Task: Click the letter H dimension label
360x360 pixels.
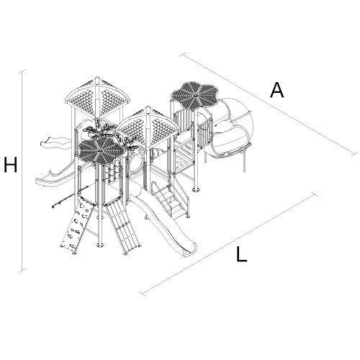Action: click(x=11, y=165)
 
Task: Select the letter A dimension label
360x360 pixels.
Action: click(x=277, y=90)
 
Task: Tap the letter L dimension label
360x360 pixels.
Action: click(x=241, y=254)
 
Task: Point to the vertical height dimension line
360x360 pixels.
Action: click(x=22, y=171)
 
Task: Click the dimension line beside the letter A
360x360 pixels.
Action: click(x=269, y=104)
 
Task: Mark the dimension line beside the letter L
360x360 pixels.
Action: click(x=229, y=244)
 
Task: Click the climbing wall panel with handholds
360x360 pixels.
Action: click(x=77, y=225)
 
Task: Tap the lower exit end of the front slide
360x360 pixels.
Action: click(x=189, y=251)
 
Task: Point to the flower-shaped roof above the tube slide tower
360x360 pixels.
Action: click(x=195, y=96)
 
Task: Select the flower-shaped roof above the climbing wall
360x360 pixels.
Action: click(x=102, y=150)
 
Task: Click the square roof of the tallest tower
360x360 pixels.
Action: click(x=97, y=99)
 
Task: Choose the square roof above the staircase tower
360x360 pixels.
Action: click(x=149, y=127)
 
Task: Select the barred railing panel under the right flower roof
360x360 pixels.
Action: click(x=184, y=121)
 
